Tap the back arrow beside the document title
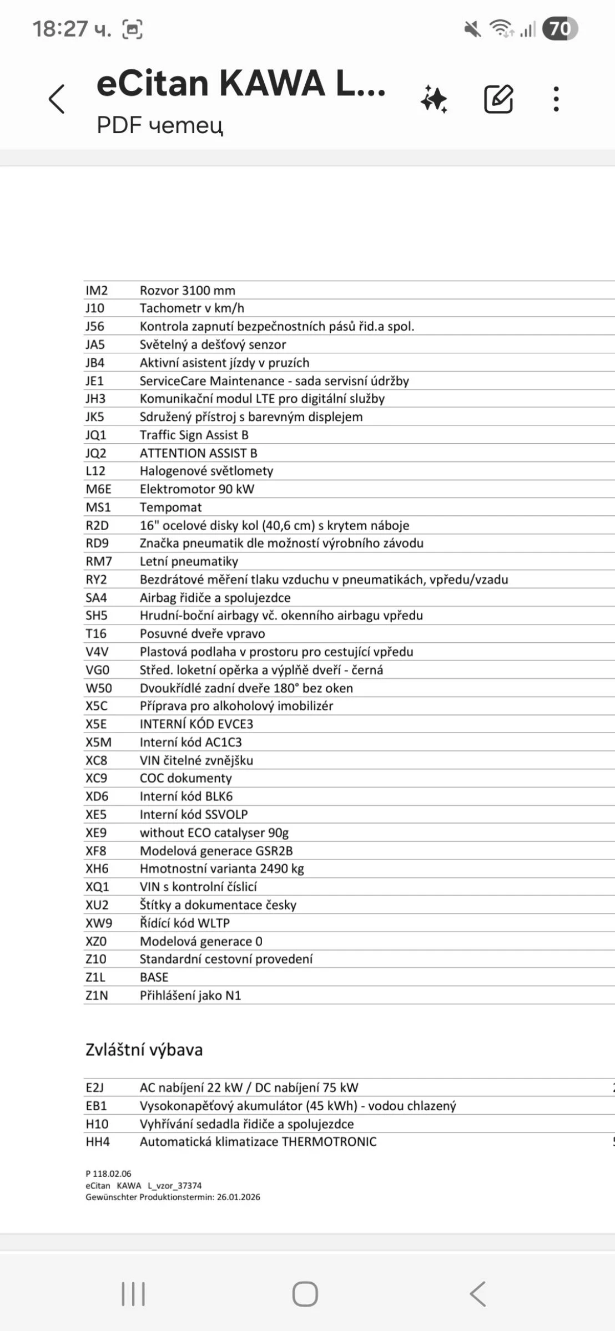click(57, 100)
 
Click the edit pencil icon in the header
click(498, 99)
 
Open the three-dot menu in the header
click(556, 99)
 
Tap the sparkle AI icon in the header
click(434, 99)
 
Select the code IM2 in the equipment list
click(97, 291)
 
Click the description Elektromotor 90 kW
click(196, 489)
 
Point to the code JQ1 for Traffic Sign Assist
click(96, 435)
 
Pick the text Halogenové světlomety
click(206, 471)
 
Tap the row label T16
click(96, 634)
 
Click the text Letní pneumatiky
click(189, 561)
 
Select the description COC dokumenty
click(185, 778)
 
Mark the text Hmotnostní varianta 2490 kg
click(221, 868)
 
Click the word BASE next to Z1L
click(154, 977)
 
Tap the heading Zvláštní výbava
click(144, 1050)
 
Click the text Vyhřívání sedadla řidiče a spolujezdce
click(246, 1124)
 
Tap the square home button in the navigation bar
click(305, 1294)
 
